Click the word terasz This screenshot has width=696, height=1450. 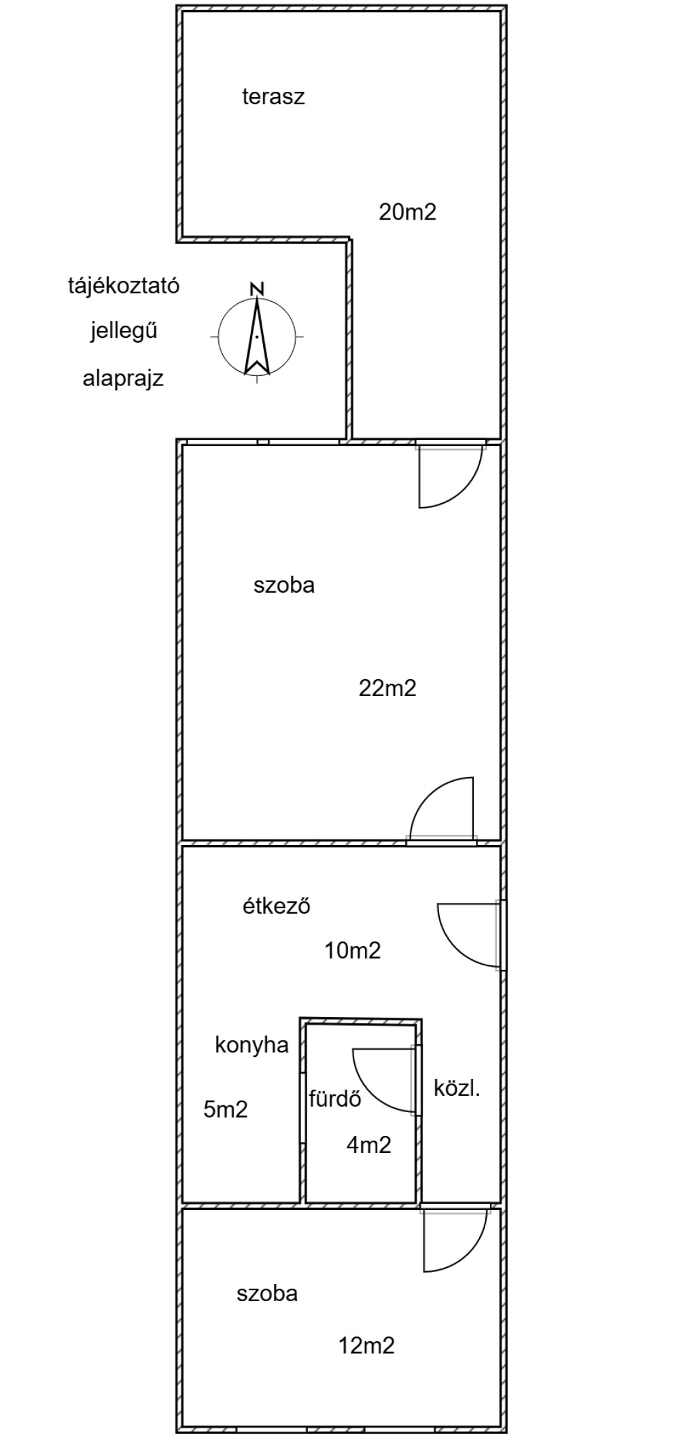click(x=273, y=97)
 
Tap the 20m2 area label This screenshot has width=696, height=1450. click(x=407, y=213)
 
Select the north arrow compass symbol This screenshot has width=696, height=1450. click(x=257, y=336)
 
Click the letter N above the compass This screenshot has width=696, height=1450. click(x=257, y=288)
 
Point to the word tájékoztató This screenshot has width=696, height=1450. click(x=124, y=286)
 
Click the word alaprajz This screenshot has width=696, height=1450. click(x=123, y=378)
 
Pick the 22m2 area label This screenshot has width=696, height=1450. click(x=387, y=689)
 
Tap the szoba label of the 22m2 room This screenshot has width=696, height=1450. click(x=284, y=585)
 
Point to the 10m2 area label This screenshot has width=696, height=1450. click(x=353, y=950)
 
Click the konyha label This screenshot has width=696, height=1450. click(x=251, y=1046)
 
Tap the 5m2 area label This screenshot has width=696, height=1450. click(x=226, y=1110)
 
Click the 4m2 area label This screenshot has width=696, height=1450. click(x=369, y=1145)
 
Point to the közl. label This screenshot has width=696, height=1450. click(x=457, y=1088)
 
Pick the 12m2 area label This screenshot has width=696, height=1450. click(x=367, y=1345)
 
